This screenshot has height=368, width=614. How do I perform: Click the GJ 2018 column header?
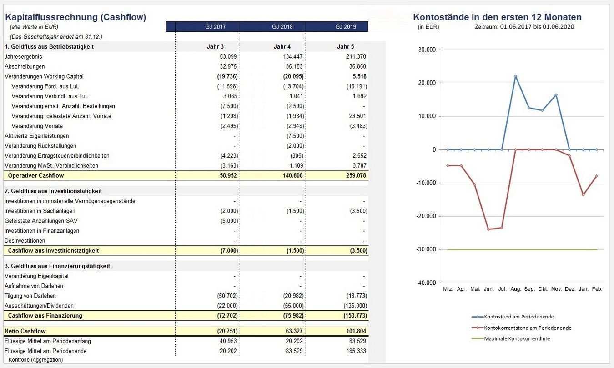(282, 27)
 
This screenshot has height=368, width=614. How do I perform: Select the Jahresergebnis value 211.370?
(356, 57)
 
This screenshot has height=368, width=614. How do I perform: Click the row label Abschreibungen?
(25, 66)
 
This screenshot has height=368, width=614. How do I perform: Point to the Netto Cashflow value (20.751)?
(227, 331)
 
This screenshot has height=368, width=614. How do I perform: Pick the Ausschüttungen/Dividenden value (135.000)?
(355, 306)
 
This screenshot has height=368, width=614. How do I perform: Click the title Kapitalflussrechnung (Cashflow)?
(75, 17)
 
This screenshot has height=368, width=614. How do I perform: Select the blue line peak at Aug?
(516, 76)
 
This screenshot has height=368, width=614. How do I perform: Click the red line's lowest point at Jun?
(488, 229)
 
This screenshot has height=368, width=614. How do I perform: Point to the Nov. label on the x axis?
(556, 289)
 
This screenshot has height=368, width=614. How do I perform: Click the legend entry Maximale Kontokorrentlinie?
(517, 338)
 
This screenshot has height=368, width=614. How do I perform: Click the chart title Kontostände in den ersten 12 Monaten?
(497, 17)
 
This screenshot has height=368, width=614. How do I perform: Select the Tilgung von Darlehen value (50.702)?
(227, 296)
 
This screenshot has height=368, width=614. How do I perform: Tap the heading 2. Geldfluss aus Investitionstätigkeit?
(53, 191)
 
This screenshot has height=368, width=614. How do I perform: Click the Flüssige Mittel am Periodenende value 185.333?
(356, 351)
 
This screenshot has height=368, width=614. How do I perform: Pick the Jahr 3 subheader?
(215, 47)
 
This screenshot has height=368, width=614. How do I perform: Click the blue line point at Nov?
(556, 95)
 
